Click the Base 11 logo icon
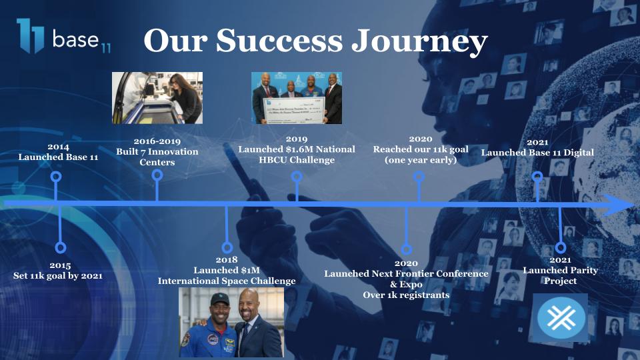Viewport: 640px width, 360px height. pyautogui.click(x=30, y=35)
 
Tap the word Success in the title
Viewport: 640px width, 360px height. pyautogui.click(x=279, y=40)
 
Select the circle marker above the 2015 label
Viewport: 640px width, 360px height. pyautogui.click(x=61, y=247)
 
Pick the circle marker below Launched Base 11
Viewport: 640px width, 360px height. pyautogui.click(x=56, y=177)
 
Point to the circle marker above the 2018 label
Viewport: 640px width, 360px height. pyautogui.click(x=227, y=247)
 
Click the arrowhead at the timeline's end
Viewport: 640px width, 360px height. pyautogui.click(x=619, y=205)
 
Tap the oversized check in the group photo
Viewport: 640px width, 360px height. pyautogui.click(x=295, y=109)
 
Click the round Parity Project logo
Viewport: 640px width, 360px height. pyautogui.click(x=561, y=317)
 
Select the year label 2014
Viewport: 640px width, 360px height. pyautogui.click(x=59, y=147)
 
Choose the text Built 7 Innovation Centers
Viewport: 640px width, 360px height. pyautogui.click(x=157, y=157)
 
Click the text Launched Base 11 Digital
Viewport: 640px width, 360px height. pyautogui.click(x=537, y=153)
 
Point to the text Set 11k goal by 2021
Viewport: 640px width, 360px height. pyautogui.click(x=58, y=276)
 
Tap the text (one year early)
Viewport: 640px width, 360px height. pyautogui.click(x=421, y=160)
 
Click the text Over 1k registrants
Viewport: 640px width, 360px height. pyautogui.click(x=406, y=295)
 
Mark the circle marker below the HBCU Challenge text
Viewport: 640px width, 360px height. pyautogui.click(x=297, y=177)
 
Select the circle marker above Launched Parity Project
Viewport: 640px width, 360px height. pyautogui.click(x=561, y=247)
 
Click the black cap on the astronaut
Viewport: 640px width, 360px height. pyautogui.click(x=219, y=299)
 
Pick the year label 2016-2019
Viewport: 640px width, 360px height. pyautogui.click(x=157, y=141)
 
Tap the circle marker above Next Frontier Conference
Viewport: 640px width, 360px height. pyautogui.click(x=406, y=249)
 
